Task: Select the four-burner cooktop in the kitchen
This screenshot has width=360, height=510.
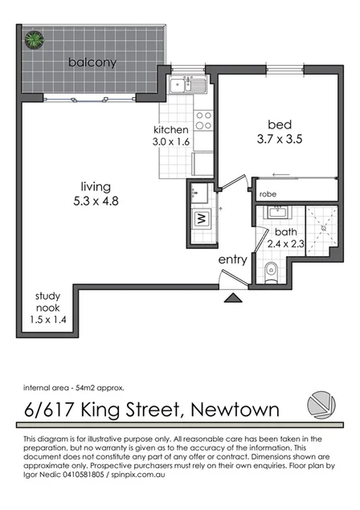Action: tap(203, 120)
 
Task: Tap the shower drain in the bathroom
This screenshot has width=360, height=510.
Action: tap(321, 228)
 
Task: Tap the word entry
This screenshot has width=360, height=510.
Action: tap(231, 260)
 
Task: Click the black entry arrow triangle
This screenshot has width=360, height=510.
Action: tap(232, 299)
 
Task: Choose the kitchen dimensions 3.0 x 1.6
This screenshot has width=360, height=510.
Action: tap(172, 142)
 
